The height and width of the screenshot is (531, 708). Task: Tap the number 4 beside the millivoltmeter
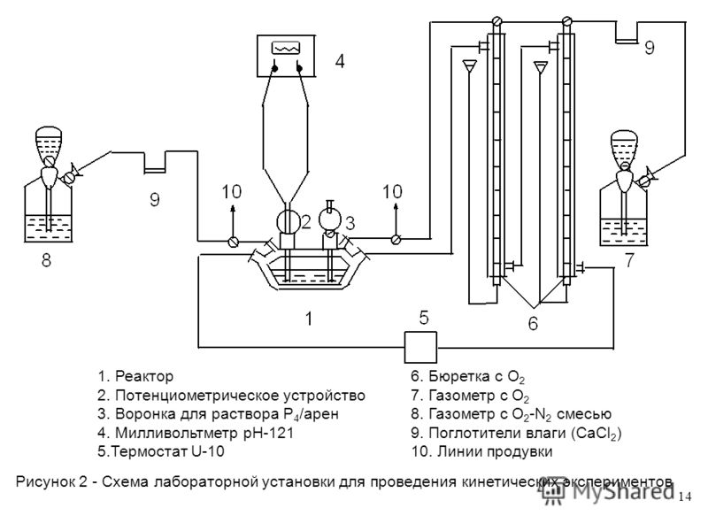click(337, 61)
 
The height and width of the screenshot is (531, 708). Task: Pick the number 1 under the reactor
click(308, 319)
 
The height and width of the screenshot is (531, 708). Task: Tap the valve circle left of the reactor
click(233, 241)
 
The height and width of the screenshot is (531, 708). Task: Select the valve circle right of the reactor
click(396, 239)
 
